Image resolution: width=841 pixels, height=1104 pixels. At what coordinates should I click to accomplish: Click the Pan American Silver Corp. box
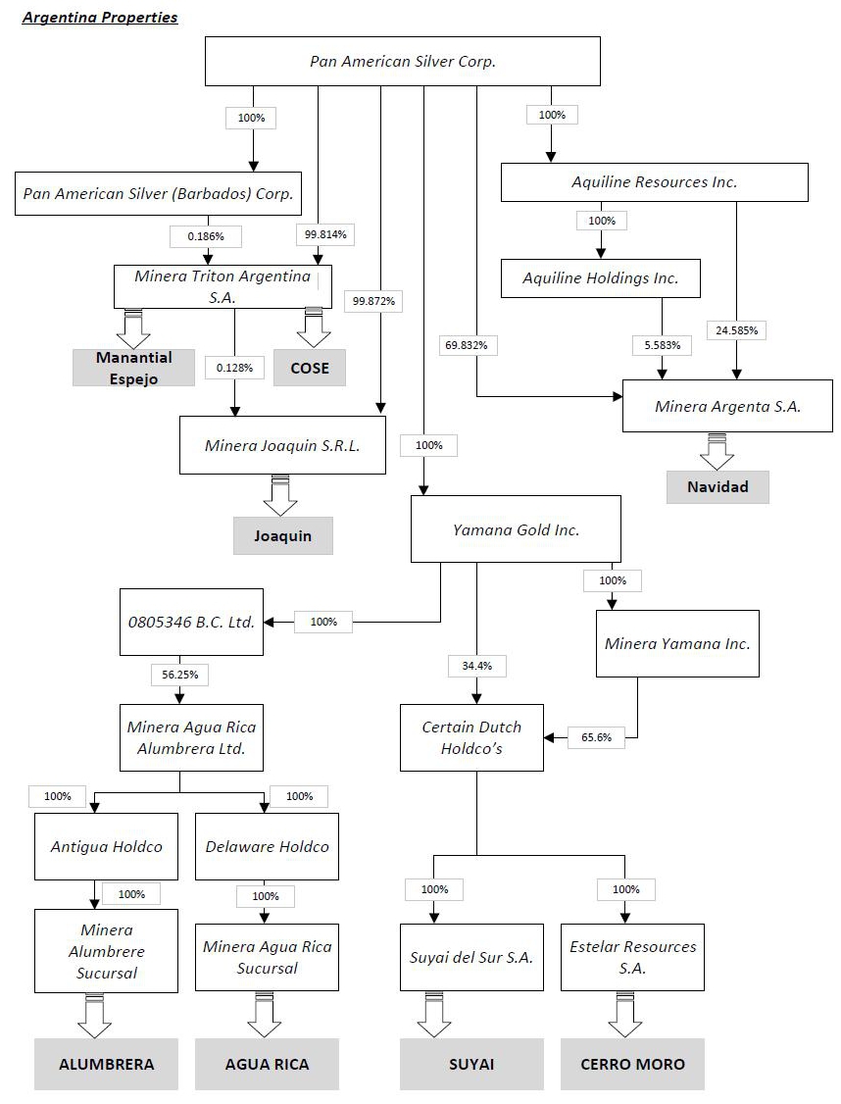(402, 61)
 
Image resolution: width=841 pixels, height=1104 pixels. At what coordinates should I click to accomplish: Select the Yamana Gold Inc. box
(516, 529)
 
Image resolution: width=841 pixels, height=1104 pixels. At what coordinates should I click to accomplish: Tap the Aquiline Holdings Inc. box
(601, 278)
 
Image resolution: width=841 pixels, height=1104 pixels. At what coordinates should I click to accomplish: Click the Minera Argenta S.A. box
(727, 405)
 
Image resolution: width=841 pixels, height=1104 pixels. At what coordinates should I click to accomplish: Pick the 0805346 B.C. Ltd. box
(192, 622)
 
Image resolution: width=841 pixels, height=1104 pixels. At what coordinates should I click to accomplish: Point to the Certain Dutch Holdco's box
(471, 737)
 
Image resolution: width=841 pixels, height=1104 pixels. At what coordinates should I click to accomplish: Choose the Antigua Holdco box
(107, 846)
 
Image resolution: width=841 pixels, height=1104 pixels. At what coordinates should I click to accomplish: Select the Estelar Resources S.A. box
(632, 957)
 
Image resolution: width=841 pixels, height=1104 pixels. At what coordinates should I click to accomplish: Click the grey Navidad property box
(717, 487)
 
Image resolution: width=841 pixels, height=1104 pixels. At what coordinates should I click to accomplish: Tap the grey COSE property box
(310, 369)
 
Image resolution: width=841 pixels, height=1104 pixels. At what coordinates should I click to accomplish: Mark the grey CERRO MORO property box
(632, 1064)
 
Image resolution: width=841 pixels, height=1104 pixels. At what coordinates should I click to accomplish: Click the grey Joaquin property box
(282, 536)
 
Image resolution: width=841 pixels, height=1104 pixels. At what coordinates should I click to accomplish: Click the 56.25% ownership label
(179, 675)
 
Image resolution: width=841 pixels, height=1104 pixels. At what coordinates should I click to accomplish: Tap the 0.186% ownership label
(206, 236)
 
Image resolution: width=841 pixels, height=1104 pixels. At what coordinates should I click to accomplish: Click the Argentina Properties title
(100, 18)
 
